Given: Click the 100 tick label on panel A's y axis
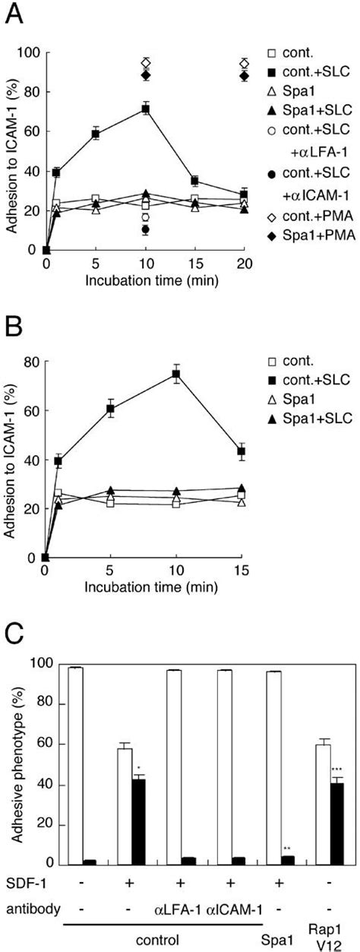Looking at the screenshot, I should coord(31,53).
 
